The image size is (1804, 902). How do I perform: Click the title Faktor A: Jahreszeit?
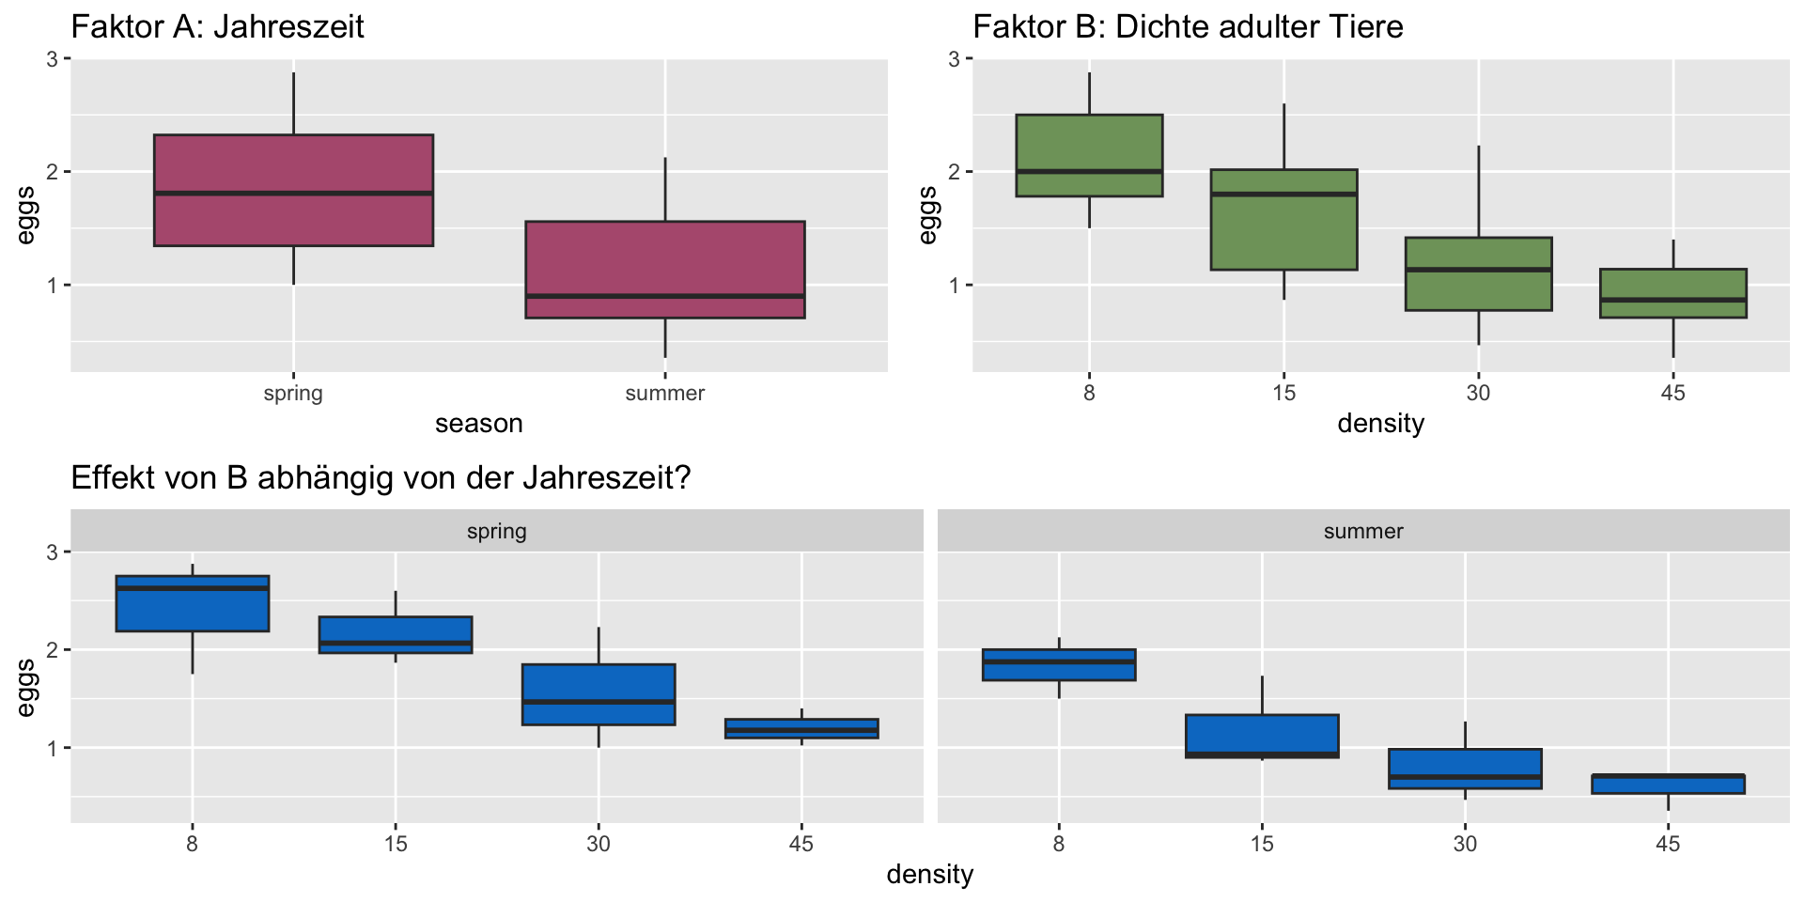217,26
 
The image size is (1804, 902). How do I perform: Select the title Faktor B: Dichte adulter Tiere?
1188,26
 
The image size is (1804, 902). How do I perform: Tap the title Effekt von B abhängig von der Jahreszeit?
381,478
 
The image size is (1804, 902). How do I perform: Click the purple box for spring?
293,190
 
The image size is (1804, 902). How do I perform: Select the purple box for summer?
664,270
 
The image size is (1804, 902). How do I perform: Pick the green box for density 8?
1089,155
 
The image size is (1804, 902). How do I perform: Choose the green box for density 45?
1672,293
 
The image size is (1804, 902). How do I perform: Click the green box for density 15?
1283,220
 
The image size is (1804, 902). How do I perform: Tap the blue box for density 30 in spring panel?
599,694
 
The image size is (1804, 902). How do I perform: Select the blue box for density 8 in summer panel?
1059,664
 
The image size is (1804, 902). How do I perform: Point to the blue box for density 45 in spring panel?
801,728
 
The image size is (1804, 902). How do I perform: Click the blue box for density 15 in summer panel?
1262,736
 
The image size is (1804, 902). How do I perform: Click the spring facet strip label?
497,531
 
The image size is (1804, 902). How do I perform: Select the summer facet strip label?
1363,531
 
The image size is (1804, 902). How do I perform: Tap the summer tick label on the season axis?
664,394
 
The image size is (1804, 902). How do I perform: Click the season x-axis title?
478,424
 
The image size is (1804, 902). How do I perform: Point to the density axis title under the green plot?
1380,424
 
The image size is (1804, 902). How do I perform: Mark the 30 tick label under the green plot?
1478,394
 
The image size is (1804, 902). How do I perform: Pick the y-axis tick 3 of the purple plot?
54,59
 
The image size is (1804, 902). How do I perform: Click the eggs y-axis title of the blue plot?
26,688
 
